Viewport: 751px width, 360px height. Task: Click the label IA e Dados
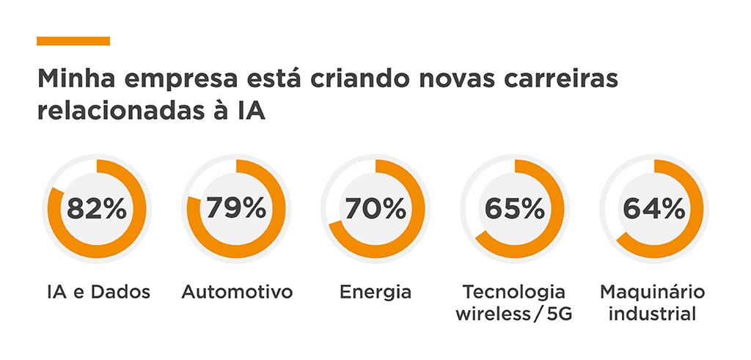[x=97, y=293]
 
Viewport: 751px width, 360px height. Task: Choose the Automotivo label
[x=237, y=293]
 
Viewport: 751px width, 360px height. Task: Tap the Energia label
[x=375, y=293]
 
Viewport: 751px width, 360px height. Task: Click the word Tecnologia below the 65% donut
[x=514, y=293]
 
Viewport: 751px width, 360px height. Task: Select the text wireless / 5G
[x=514, y=315]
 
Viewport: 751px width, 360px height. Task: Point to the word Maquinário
[x=653, y=293]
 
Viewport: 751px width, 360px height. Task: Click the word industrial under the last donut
[x=653, y=315]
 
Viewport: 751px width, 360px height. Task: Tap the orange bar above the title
[x=73, y=41]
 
